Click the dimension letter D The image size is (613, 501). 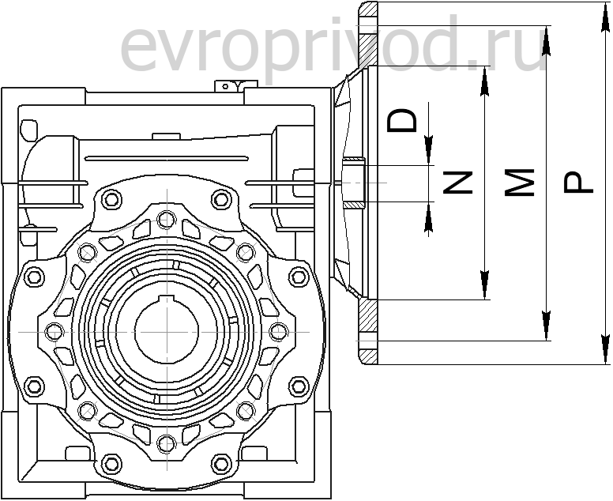tap(404, 120)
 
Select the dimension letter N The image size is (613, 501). tap(457, 183)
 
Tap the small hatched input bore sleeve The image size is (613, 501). tap(353, 183)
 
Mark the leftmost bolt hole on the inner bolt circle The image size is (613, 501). tap(54, 330)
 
